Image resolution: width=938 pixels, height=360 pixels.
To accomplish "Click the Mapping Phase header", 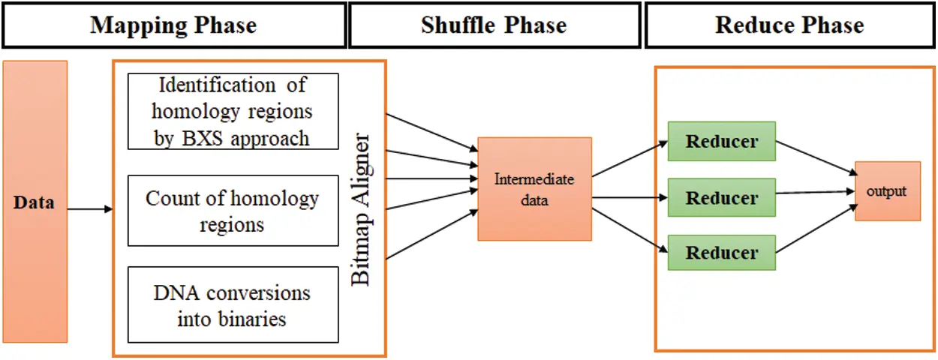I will tap(173, 25).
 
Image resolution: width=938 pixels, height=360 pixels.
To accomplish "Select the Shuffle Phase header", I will tap(494, 25).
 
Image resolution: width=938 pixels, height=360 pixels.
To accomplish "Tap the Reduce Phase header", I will tap(789, 25).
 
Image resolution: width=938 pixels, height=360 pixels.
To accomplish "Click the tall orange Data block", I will tap(35, 202).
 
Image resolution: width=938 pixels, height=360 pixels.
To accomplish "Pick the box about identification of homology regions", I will tap(233, 111).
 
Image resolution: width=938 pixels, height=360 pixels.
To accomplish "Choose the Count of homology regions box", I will tap(233, 211).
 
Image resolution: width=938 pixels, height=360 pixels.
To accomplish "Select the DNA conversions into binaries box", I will tap(233, 304).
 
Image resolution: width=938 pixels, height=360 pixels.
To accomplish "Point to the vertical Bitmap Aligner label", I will tap(362, 210).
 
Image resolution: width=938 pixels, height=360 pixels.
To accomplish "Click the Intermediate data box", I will tap(534, 189).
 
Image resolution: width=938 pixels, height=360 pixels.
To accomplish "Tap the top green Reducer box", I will tap(721, 141).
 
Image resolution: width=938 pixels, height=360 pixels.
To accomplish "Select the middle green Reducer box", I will tap(721, 198).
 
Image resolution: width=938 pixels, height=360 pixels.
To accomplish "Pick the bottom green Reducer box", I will tap(721, 253).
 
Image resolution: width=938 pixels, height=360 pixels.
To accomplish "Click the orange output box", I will tap(887, 191).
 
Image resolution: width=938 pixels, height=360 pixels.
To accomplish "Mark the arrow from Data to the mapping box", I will tap(90, 209).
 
